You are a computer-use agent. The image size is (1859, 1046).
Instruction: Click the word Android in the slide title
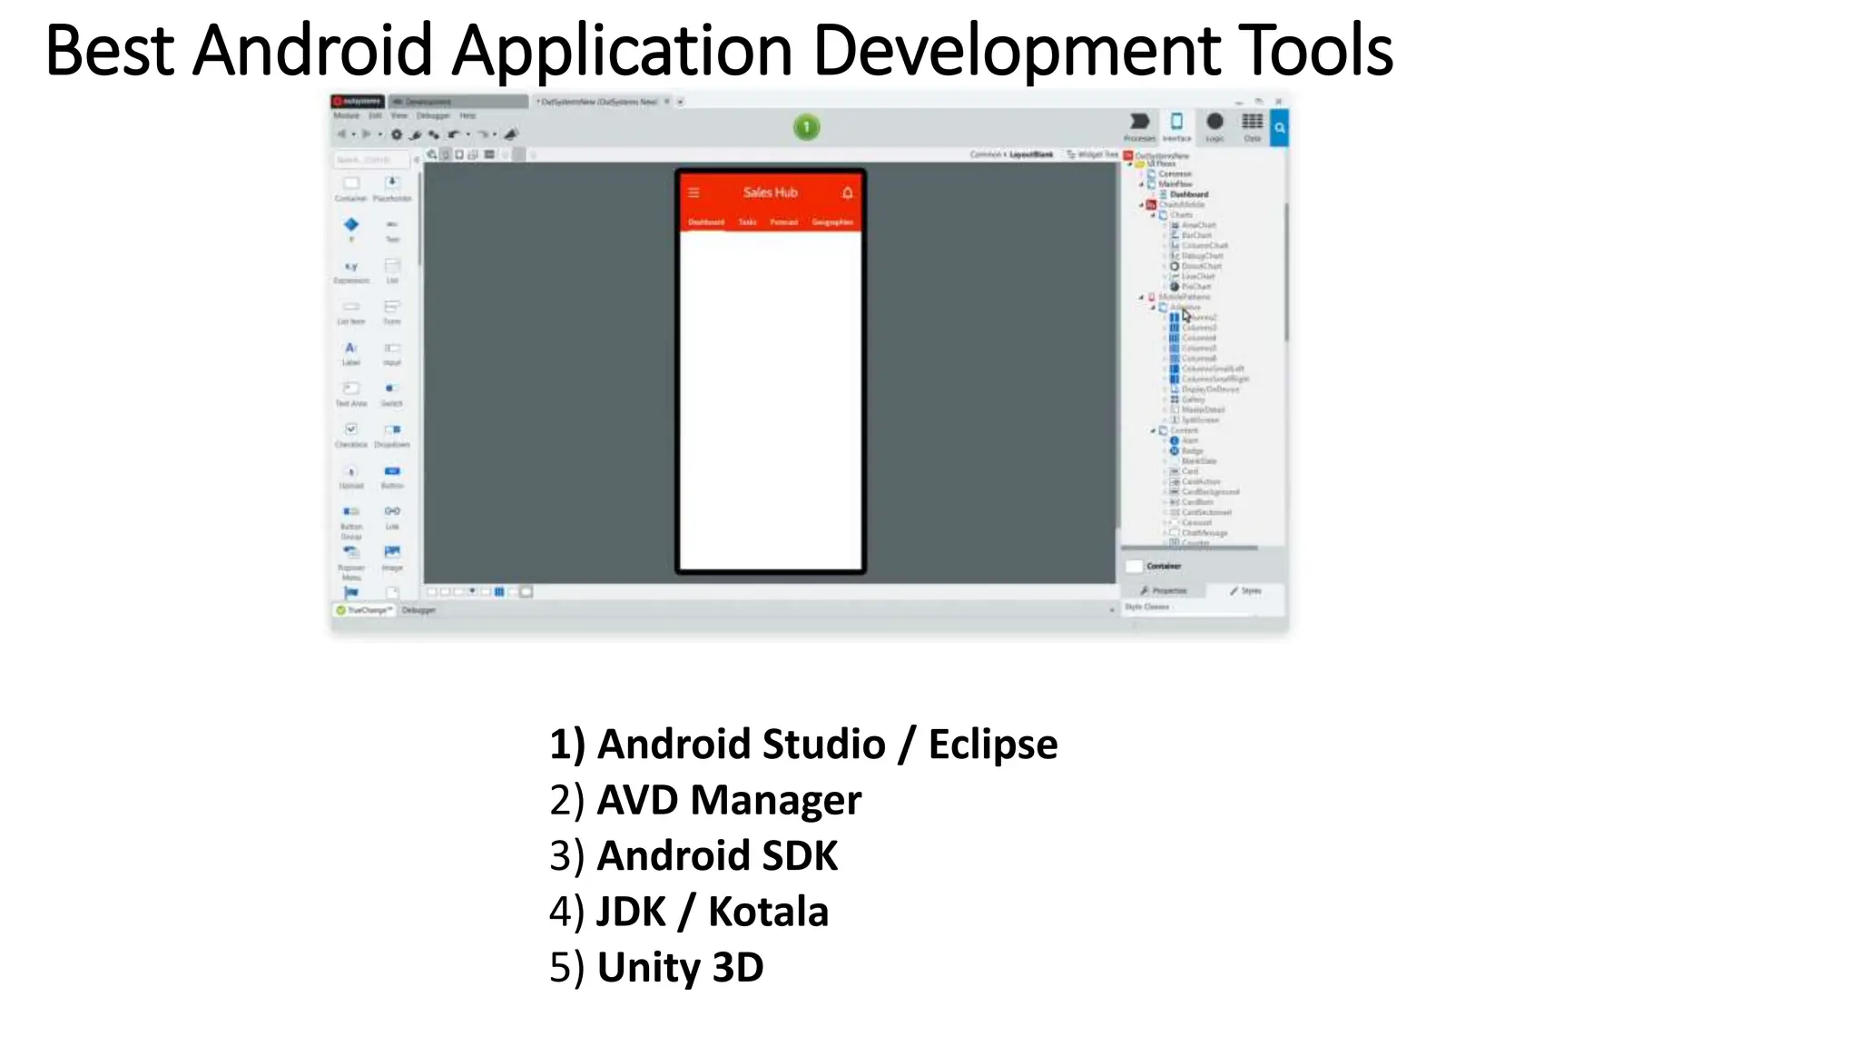tap(312, 51)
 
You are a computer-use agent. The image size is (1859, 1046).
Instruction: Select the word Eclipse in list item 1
tap(992, 745)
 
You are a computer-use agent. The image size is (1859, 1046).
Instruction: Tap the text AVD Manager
tap(729, 801)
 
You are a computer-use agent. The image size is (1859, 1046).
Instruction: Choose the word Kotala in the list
tap(768, 913)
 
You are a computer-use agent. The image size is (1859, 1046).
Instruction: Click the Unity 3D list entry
tap(680, 968)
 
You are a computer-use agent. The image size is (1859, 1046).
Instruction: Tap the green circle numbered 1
tap(806, 127)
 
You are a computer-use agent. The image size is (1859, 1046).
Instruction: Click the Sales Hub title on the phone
tap(770, 192)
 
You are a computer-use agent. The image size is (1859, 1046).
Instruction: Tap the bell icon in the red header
tap(847, 192)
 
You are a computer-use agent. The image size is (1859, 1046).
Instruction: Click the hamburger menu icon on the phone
tap(693, 192)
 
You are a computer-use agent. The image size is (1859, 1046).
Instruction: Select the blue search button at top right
tap(1279, 128)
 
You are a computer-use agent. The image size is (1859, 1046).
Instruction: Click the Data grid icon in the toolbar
tap(1252, 122)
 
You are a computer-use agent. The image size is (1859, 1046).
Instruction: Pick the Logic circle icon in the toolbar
tap(1215, 122)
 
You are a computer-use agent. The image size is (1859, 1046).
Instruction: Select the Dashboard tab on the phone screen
tap(705, 222)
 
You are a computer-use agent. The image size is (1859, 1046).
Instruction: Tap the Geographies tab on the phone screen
tap(831, 222)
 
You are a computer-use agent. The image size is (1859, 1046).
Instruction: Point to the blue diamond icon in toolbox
tap(351, 224)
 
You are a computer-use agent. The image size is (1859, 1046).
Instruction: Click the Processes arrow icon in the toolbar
tap(1139, 122)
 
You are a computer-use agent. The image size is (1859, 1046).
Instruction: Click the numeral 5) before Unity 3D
tap(566, 968)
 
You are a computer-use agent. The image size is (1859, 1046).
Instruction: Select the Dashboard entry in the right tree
tap(1188, 194)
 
